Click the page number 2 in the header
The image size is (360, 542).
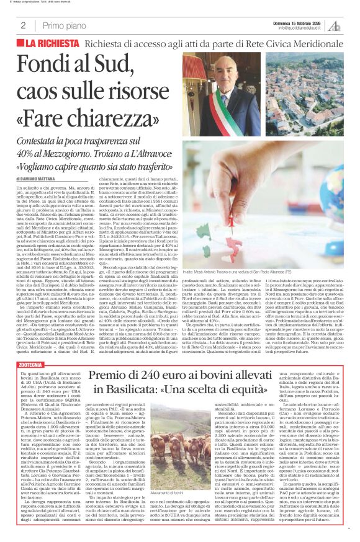(x=23, y=25)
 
